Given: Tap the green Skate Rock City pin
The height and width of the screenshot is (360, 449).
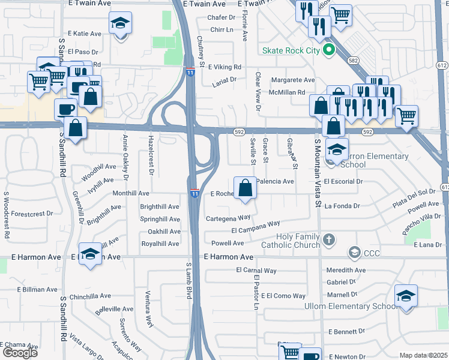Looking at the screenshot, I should [328, 50].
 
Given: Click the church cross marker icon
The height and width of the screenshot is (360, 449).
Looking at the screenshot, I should [328, 240].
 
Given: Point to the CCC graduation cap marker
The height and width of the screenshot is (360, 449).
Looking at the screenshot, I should [355, 251].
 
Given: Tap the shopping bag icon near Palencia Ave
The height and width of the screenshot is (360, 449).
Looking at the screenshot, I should [246, 188].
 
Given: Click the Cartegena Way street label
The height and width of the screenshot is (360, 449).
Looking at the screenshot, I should [228, 218].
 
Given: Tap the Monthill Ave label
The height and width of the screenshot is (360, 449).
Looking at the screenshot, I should [131, 193].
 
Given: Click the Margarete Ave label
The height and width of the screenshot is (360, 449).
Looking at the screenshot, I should [292, 80].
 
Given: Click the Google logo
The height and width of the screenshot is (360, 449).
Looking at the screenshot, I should [20, 353].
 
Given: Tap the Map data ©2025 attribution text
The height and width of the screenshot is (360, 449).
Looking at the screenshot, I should [423, 356].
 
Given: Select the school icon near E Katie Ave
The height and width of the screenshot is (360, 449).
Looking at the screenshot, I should [120, 24].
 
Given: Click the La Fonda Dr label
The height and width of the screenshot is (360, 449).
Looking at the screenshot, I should [342, 206].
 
